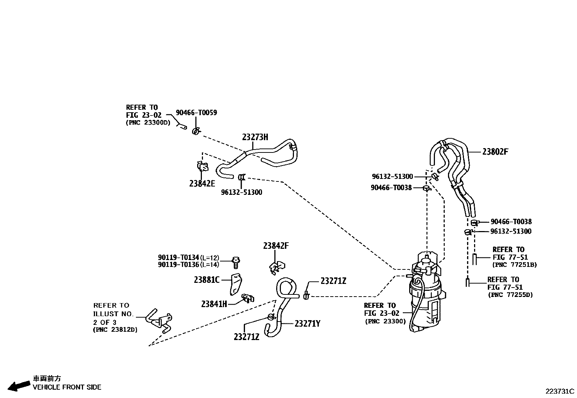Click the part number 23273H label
[255, 137]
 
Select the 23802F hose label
[495, 152]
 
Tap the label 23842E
[202, 183]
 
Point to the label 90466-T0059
[196, 113]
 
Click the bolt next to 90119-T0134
[236, 262]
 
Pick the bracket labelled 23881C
[236, 283]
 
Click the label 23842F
[276, 246]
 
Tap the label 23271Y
[307, 323]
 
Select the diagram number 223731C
[560, 391]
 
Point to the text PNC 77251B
[514, 265]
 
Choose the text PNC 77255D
[510, 295]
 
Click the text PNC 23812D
[115, 330]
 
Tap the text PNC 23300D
[148, 122]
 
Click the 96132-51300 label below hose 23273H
[241, 192]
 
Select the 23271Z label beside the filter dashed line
[333, 281]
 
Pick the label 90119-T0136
[178, 265]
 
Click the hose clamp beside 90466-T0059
[196, 130]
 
